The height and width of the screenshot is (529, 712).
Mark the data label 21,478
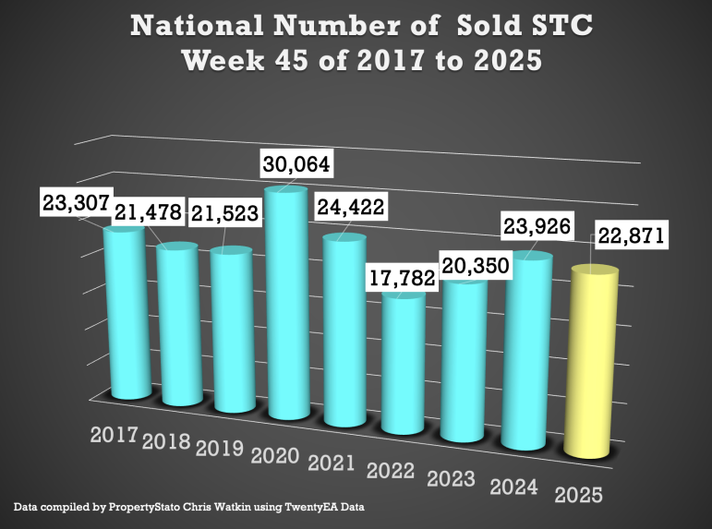coord(150,214)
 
